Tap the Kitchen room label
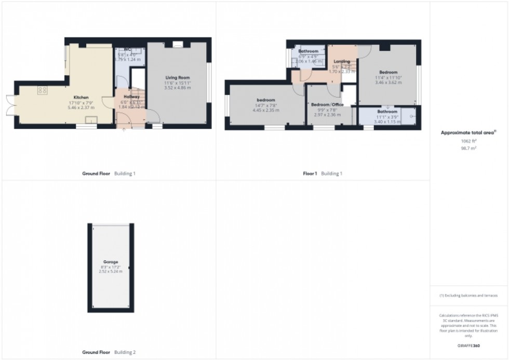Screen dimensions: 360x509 (81, 97)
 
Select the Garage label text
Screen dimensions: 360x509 (110, 262)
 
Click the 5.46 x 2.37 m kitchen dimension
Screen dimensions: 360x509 (81, 108)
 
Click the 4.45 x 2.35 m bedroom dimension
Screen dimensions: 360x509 (265, 110)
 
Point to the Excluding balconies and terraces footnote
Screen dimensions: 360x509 (468, 296)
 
